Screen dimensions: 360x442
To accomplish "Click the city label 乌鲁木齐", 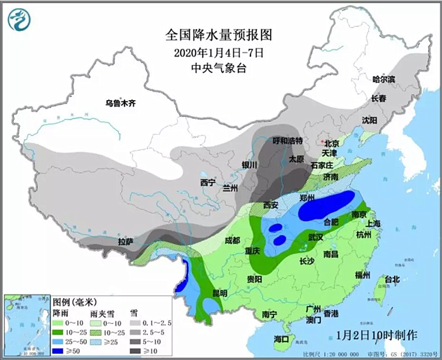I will tap(120, 103).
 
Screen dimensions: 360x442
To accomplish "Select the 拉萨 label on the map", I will tap(125, 242).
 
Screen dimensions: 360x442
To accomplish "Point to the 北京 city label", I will tap(332, 143).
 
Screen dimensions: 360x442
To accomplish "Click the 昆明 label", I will tap(219, 293).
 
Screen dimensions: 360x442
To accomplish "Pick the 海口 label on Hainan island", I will tap(281, 339).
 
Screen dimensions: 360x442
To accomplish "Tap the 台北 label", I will tap(392, 279).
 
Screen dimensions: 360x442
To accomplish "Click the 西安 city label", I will tap(271, 205).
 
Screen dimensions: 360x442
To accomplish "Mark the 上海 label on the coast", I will tap(373, 223).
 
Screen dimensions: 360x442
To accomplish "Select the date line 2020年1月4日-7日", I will tap(218, 52).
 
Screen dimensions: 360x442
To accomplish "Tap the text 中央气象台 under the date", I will tap(218, 67).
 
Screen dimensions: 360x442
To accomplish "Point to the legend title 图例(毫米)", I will tap(74, 302).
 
